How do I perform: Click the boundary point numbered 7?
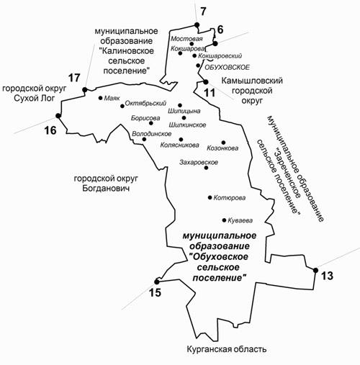(x=197, y=24)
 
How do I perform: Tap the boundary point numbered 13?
(x=315, y=271)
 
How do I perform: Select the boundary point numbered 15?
(x=157, y=281)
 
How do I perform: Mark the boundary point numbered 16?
(x=58, y=116)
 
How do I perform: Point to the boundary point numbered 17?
(x=84, y=89)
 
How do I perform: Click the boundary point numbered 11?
(x=206, y=82)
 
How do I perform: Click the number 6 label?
(x=220, y=30)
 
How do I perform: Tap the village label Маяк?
(x=112, y=98)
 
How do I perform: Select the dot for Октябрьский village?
(x=122, y=106)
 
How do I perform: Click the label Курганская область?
(x=226, y=349)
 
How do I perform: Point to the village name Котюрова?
(x=230, y=198)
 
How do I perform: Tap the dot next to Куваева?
(x=224, y=220)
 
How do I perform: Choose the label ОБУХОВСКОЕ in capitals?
(x=227, y=67)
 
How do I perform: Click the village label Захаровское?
(x=199, y=163)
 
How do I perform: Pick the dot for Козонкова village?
(x=223, y=143)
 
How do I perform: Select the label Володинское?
(x=152, y=134)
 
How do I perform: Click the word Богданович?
(x=106, y=188)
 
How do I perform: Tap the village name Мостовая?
(x=186, y=38)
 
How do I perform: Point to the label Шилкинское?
(x=187, y=125)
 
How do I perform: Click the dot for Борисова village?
(x=151, y=123)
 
